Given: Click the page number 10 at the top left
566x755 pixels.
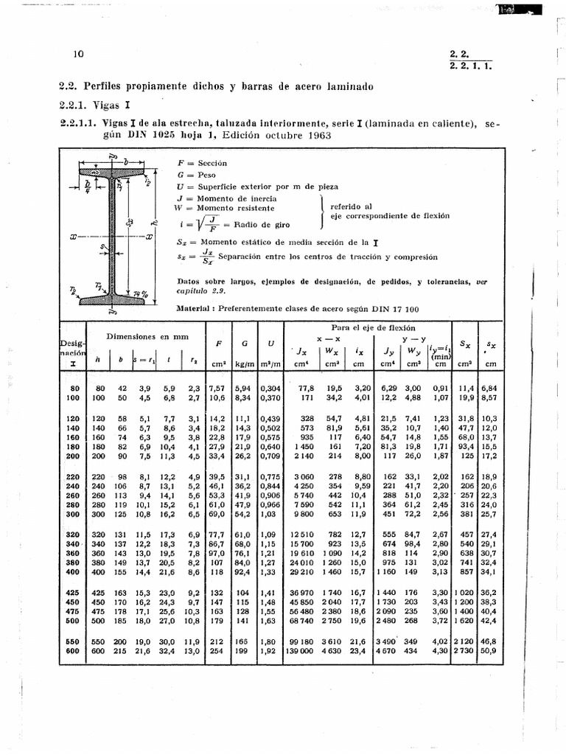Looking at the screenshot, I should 80,55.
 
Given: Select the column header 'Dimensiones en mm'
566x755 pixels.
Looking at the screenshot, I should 147,336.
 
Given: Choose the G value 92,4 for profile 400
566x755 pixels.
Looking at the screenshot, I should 242,572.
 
